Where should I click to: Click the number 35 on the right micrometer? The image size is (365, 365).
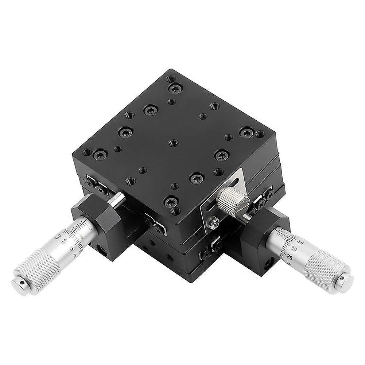[300, 241]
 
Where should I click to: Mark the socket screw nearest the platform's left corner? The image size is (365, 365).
[99, 155]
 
